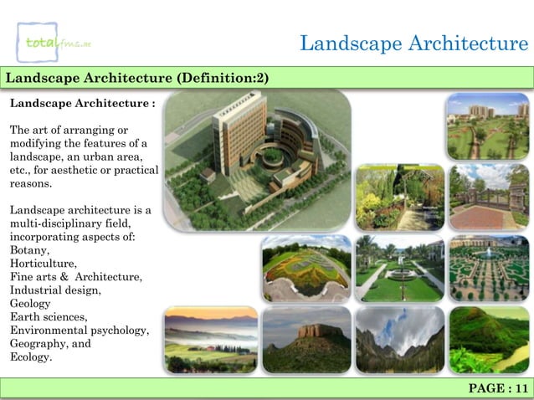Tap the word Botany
tap(29, 250)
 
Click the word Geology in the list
tap(30, 304)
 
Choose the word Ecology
tap(30, 357)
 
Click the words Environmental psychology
tap(80, 331)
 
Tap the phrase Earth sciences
tap(49, 317)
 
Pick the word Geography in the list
tap(39, 344)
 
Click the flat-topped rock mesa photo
tap(306, 339)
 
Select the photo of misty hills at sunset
tap(210, 339)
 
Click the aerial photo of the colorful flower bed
tap(306, 268)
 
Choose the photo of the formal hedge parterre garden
tap(488, 268)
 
